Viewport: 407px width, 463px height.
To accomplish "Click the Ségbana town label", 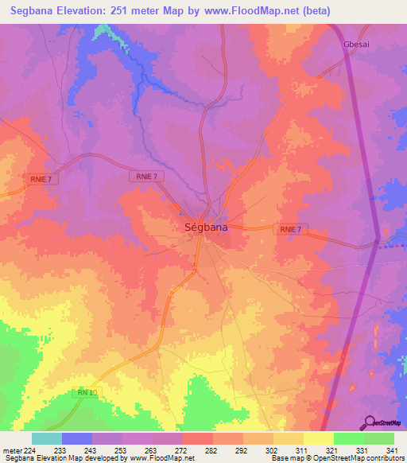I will [x=200, y=227].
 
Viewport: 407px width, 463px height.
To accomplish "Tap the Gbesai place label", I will [x=355, y=44].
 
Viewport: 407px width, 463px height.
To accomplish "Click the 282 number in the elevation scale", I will [x=210, y=450].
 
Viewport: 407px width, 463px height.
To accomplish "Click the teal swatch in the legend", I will [x=47, y=438].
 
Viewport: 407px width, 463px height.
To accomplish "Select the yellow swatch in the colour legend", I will [x=317, y=438].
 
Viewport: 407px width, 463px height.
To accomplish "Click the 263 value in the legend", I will [x=151, y=450].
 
